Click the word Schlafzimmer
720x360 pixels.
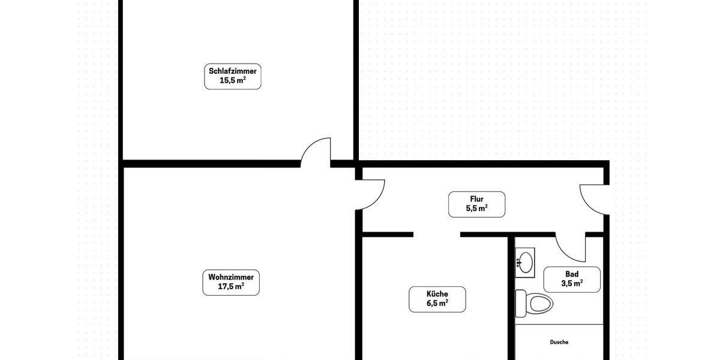coord(233,71)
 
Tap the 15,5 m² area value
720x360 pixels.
coord(233,80)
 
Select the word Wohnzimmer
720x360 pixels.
coord(231,277)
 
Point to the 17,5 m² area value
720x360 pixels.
coord(231,287)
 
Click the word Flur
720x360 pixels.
coord(477,199)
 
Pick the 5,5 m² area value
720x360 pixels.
coord(477,209)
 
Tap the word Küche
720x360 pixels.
coord(437,294)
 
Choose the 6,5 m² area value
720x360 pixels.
coord(437,304)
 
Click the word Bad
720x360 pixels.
coord(572,274)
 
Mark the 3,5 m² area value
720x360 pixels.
coord(572,284)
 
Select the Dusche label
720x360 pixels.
coord(559,342)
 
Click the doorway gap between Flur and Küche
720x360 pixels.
coord(437,233)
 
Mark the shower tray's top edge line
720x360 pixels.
coord(559,325)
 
